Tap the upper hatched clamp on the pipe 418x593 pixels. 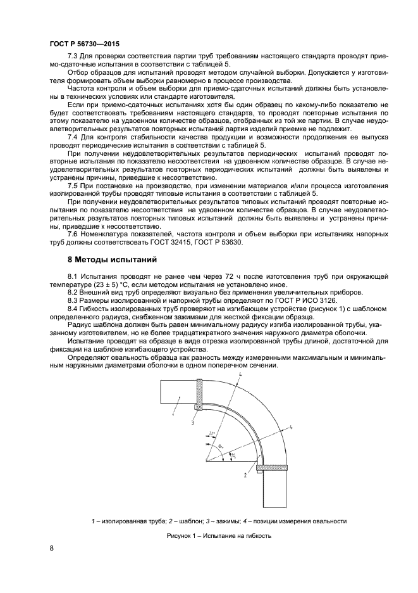tap(200, 394)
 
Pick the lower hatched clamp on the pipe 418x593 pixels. tap(273, 468)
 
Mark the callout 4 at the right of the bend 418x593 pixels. tap(290, 428)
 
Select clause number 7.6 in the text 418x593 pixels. tap(74, 234)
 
